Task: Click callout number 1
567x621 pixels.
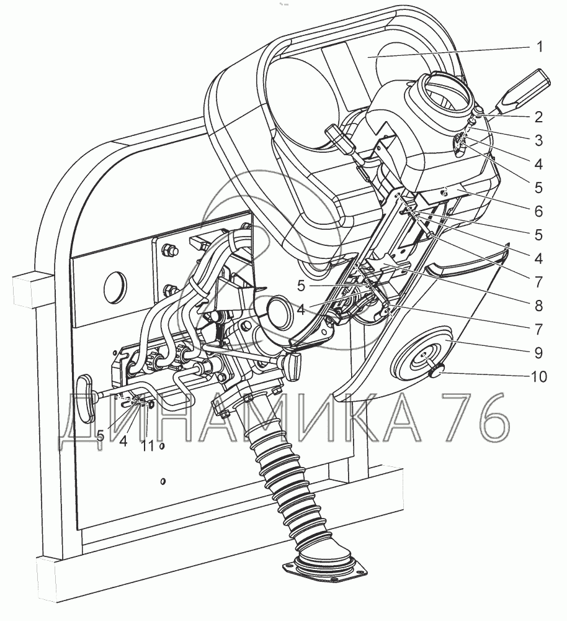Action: pyautogui.click(x=539, y=47)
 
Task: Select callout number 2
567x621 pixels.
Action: pyautogui.click(x=538, y=116)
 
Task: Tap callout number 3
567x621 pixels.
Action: pyautogui.click(x=538, y=140)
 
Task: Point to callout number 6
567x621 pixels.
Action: pyautogui.click(x=538, y=211)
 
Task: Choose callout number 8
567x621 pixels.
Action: pyautogui.click(x=538, y=305)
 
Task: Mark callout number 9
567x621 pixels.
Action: pyautogui.click(x=538, y=352)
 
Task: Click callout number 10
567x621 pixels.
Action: pyautogui.click(x=538, y=376)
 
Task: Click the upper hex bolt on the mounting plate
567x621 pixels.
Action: pyautogui.click(x=167, y=252)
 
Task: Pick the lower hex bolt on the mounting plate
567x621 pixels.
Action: pyautogui.click(x=167, y=289)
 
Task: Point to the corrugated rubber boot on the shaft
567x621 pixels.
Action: pyautogui.click(x=285, y=472)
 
